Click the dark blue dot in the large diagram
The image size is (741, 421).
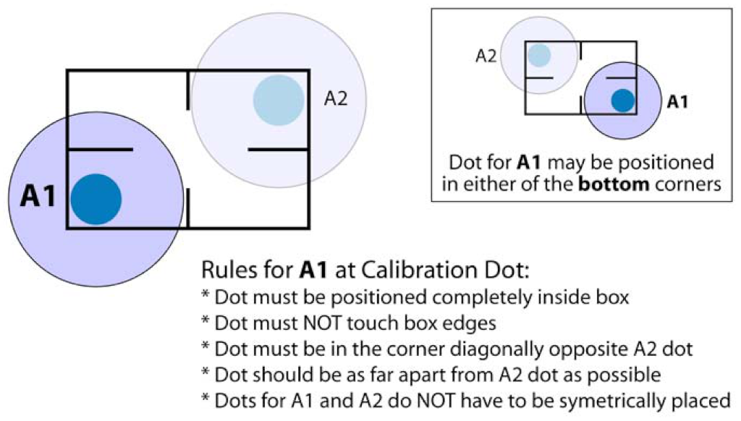[x=96, y=199]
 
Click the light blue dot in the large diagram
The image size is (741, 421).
[x=278, y=100]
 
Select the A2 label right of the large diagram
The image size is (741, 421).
[x=335, y=98]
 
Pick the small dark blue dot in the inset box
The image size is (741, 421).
[x=622, y=100]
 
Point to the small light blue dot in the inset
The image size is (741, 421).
[x=539, y=56]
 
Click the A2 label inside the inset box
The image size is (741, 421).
[x=486, y=56]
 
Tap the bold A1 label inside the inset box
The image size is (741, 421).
[x=677, y=102]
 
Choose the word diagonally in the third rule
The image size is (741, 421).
[x=474, y=349]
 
